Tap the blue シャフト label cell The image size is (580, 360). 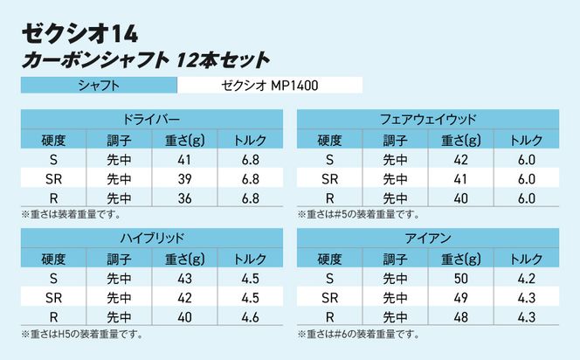click(x=99, y=86)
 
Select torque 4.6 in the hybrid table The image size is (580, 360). click(x=252, y=316)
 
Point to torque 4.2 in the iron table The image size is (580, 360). click(x=526, y=278)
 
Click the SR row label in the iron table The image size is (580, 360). click(x=329, y=297)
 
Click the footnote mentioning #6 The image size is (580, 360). click(x=358, y=334)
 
